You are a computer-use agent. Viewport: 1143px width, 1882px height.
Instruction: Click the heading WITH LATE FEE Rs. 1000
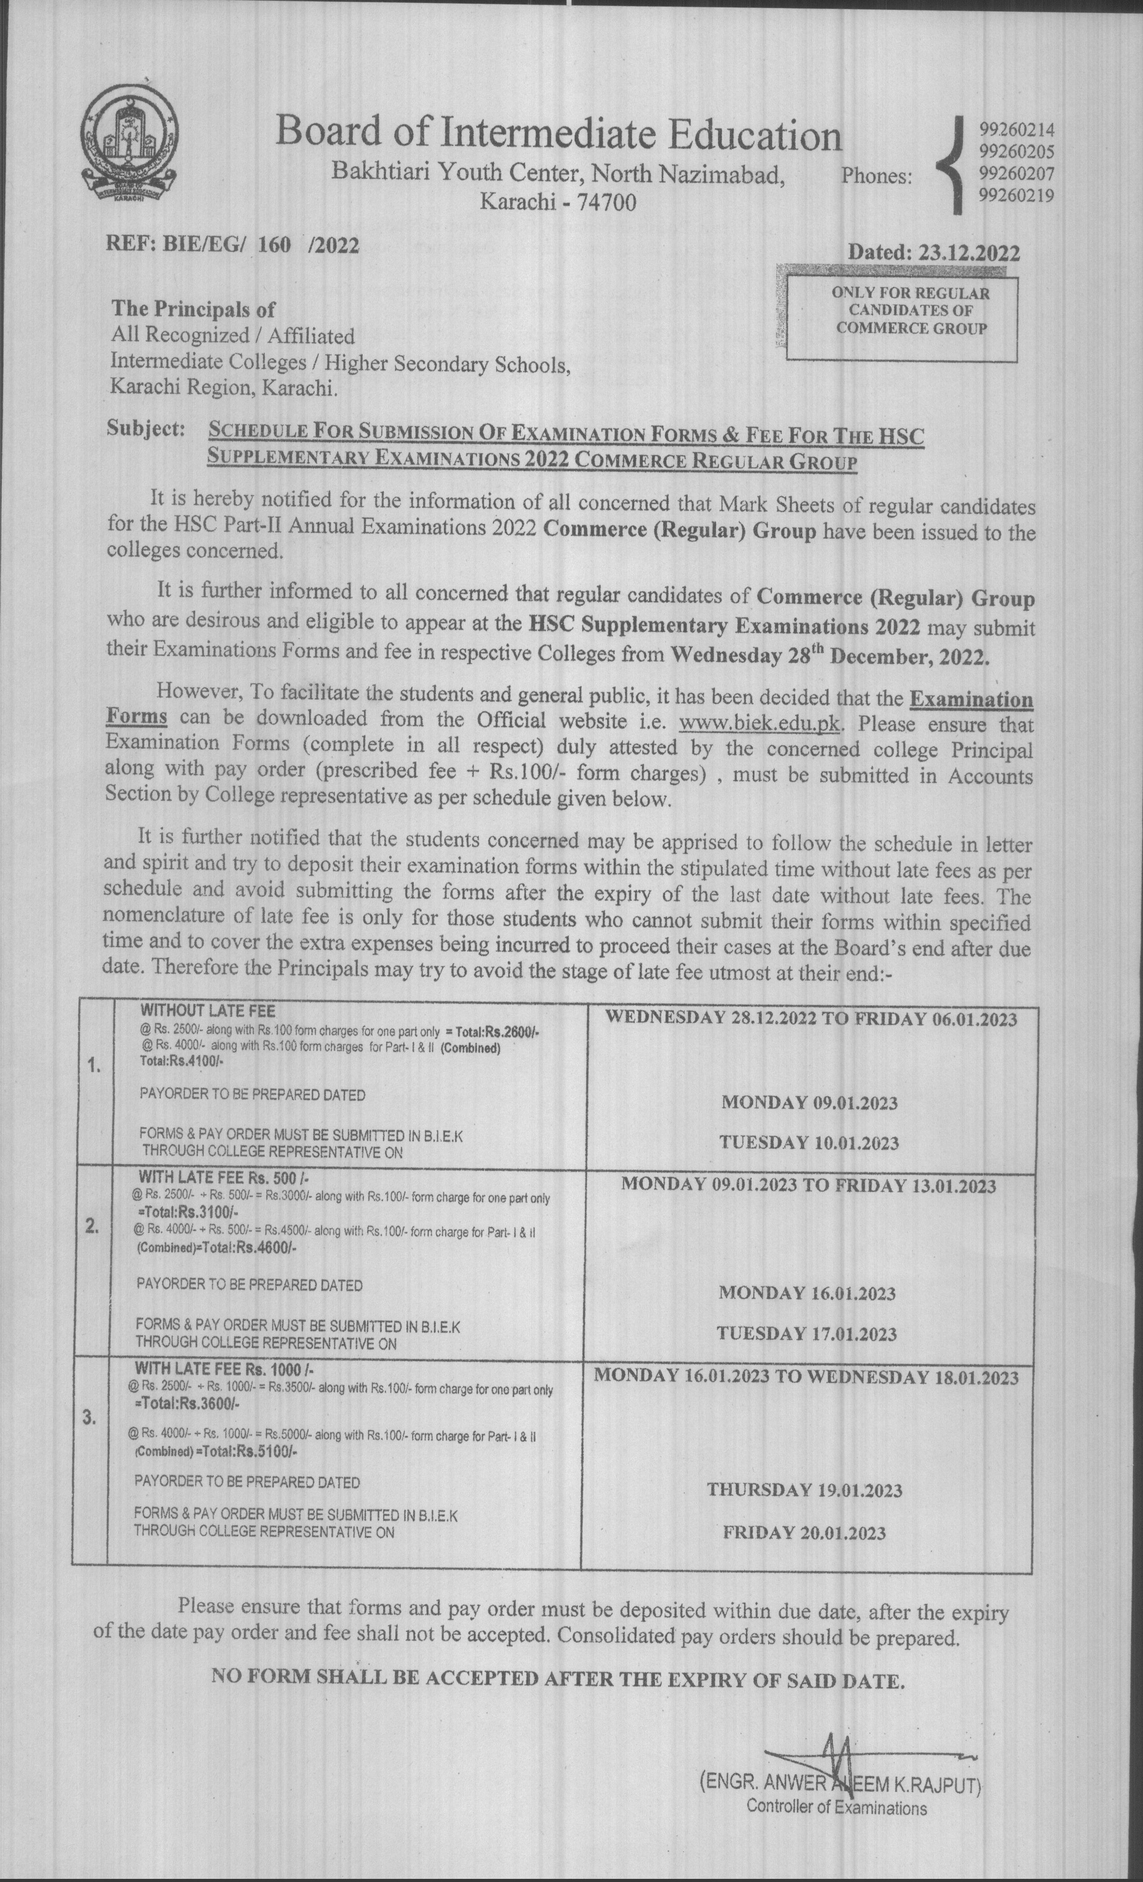[225, 1368]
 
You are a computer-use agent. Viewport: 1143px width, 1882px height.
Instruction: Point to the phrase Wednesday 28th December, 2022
[828, 656]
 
